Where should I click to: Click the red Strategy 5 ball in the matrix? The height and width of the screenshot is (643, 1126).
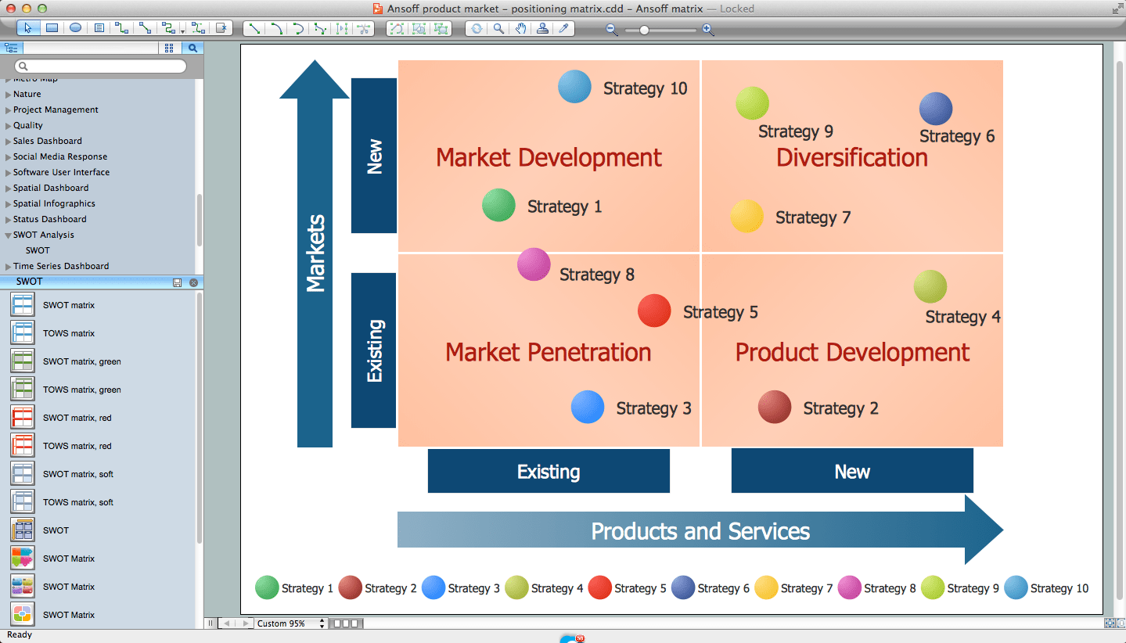pos(654,311)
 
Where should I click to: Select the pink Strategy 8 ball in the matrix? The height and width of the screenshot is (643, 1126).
pos(534,264)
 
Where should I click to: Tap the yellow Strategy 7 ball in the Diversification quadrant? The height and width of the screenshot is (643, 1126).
pos(746,217)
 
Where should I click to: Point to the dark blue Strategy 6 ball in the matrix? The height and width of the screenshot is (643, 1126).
pos(935,109)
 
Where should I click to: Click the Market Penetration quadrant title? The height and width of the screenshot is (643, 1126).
pos(548,352)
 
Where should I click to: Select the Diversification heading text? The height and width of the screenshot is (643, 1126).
pos(851,157)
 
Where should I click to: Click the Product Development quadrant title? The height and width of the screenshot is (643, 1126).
pos(851,352)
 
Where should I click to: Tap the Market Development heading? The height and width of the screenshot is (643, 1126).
pos(549,157)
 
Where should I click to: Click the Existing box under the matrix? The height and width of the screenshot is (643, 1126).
pos(549,472)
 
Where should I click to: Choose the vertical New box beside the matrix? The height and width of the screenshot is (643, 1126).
pos(374,156)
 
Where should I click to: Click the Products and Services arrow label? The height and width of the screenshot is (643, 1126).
pos(700,532)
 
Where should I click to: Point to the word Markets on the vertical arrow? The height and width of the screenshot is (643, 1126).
pos(315,253)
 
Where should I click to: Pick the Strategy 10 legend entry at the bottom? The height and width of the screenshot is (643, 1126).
pos(1046,588)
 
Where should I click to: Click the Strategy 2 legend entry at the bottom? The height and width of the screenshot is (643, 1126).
pos(378,588)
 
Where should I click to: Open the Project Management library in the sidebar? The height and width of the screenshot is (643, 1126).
pos(56,110)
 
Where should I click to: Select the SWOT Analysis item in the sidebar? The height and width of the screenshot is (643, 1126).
pos(44,235)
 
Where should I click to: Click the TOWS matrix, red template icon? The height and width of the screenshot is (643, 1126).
pos(23,446)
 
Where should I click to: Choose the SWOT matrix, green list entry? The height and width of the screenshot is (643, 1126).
pos(81,361)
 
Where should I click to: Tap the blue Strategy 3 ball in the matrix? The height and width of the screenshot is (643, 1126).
pos(588,408)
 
